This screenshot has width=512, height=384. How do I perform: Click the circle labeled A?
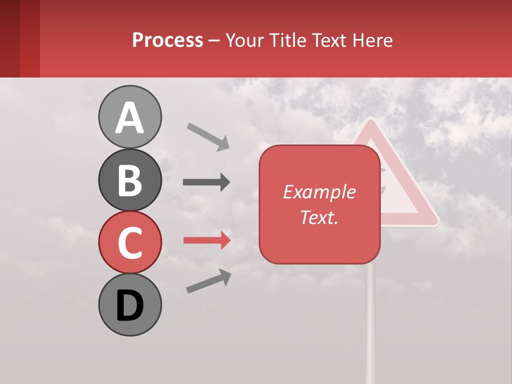pos(130,117)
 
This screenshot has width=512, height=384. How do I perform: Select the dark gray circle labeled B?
pos(130,180)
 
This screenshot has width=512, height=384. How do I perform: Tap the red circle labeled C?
pos(130,242)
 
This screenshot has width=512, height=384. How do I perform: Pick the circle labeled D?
pos(130,305)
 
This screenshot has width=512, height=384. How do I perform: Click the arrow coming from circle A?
pos(208,136)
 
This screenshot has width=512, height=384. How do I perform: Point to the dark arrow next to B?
pos(206,182)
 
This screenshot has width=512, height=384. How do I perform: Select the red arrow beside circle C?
pos(206,241)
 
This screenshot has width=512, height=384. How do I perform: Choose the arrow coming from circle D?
pos(209,281)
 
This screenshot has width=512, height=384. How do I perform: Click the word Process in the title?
pos(167,40)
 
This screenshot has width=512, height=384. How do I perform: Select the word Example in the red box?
pos(319,192)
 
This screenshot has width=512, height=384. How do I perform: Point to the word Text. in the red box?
pos(319,217)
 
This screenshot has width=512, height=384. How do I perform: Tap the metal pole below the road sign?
pos(371,320)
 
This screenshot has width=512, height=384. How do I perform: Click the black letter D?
pos(130,306)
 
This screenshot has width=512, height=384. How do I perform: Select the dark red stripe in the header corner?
pos(10,38)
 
